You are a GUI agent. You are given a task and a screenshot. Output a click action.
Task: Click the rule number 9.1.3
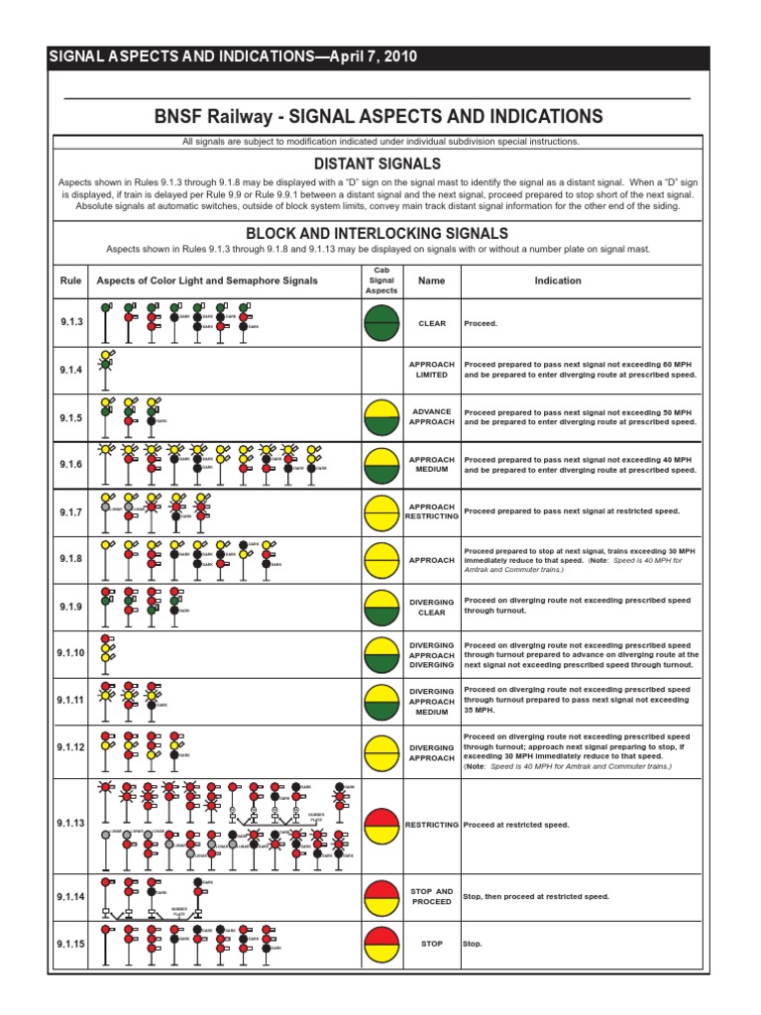tap(71, 324)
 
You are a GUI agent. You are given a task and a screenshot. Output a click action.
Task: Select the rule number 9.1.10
tap(71, 653)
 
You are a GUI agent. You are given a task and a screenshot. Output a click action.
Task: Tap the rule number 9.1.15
tap(71, 944)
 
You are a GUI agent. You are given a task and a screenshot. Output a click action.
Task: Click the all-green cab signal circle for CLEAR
tap(381, 323)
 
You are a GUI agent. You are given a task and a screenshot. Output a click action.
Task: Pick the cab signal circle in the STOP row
tap(381, 944)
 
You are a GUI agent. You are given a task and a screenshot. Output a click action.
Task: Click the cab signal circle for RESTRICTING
tap(381, 825)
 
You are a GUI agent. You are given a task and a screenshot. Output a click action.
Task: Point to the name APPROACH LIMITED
tap(432, 370)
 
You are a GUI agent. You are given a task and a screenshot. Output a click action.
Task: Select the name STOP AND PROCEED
tap(432, 896)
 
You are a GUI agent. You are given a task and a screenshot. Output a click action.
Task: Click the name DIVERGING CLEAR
tap(432, 607)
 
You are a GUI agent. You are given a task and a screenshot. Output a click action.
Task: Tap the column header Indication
tap(558, 281)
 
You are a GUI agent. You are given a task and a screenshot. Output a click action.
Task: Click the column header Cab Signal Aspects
tap(381, 281)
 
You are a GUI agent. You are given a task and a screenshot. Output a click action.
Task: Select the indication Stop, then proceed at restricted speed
tap(536, 896)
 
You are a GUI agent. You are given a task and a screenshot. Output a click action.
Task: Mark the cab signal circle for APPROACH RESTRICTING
tap(381, 511)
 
